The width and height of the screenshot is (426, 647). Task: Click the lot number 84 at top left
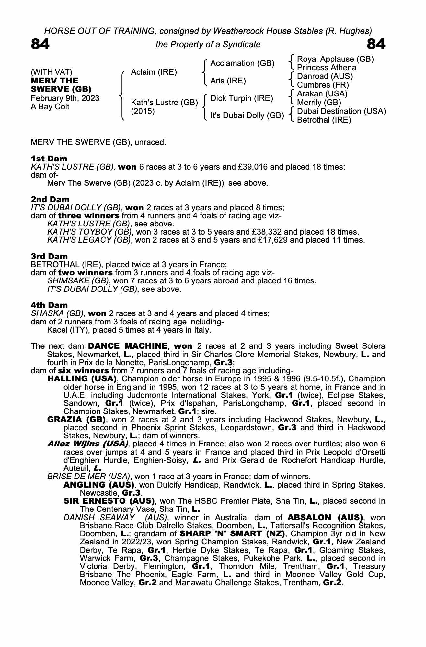coord(40,44)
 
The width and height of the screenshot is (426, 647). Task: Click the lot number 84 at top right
coord(376,44)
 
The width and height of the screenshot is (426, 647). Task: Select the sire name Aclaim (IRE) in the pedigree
coord(154,72)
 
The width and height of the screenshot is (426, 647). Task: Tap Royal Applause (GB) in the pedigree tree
coord(335,59)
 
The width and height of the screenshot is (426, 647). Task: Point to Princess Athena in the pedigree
coord(327,68)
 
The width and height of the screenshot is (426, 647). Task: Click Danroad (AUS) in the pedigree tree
coord(325,76)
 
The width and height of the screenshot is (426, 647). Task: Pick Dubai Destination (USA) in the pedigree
coord(341,111)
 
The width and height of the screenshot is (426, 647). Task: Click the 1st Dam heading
coord(49,159)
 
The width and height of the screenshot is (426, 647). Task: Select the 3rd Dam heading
coord(49,256)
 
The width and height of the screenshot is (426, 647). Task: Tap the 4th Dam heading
coord(49,305)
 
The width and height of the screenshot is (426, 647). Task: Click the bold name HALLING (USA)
coord(82,379)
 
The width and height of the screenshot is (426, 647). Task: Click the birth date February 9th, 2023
coord(65,98)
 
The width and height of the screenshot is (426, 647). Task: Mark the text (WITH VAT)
coord(52,72)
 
